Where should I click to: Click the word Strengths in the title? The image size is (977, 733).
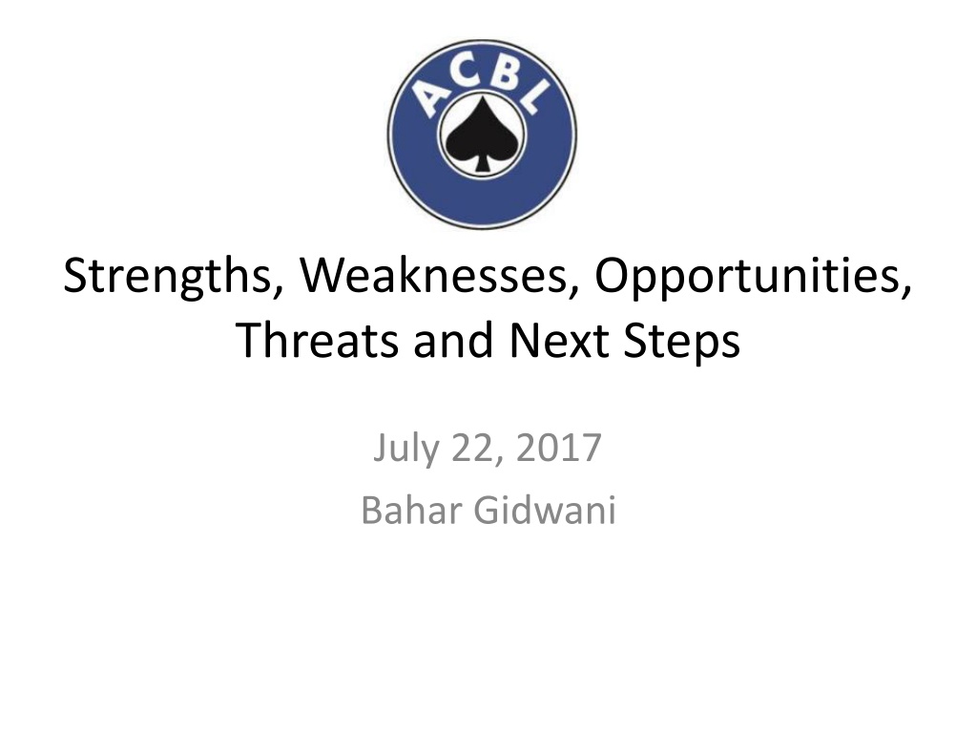[167, 276]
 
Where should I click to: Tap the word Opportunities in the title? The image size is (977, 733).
[748, 276]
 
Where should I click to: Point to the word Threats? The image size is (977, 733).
[317, 340]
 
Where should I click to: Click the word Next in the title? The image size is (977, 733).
[559, 340]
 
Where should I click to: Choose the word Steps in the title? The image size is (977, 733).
[681, 341]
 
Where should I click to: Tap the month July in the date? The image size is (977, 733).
[405, 449]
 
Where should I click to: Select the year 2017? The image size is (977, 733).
[558, 448]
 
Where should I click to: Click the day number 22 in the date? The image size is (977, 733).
[471, 448]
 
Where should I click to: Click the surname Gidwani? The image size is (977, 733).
[545, 510]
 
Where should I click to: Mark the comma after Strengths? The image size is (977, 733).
[278, 290]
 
